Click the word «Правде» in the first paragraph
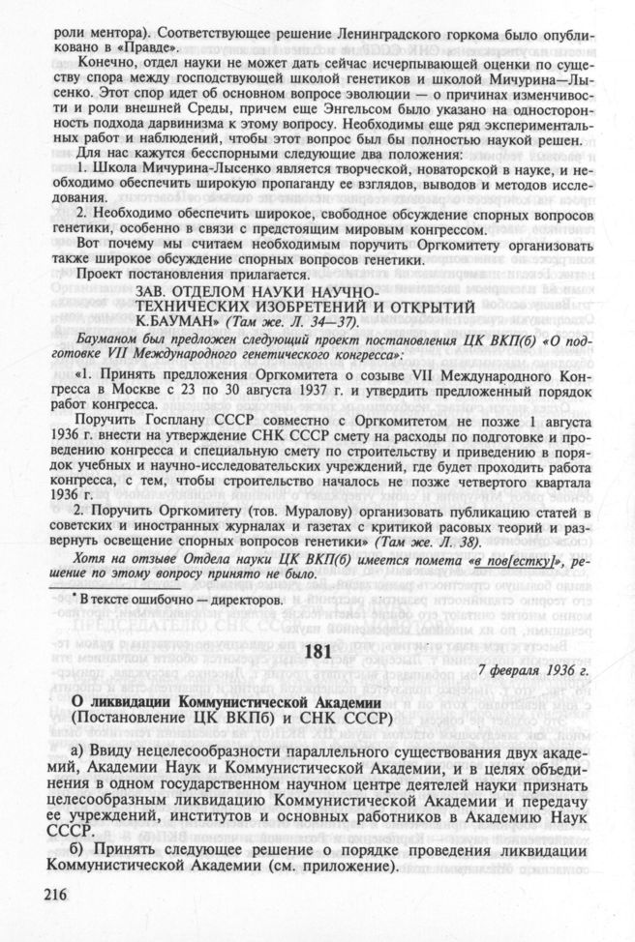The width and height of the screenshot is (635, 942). coord(141,45)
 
